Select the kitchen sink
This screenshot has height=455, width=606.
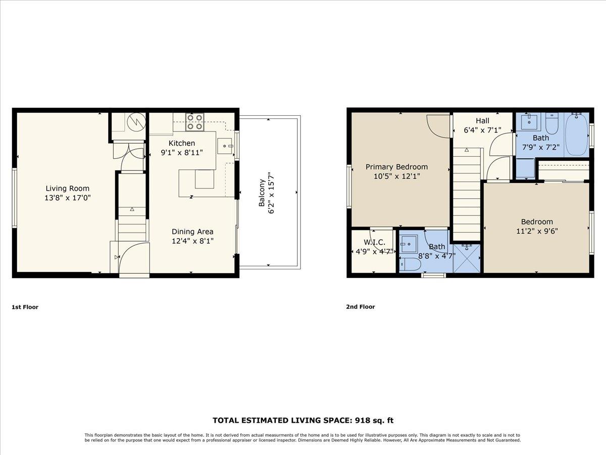click(x=225, y=146)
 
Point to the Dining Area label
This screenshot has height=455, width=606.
click(x=192, y=232)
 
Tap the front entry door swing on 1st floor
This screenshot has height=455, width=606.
click(x=134, y=258)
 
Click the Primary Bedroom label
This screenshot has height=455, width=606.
click(x=396, y=167)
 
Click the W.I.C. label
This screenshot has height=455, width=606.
click(x=374, y=243)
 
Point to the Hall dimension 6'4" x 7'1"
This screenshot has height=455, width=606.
click(x=482, y=130)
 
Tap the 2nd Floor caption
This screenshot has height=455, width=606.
click(x=361, y=307)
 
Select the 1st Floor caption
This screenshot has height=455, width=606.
click(x=25, y=307)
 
